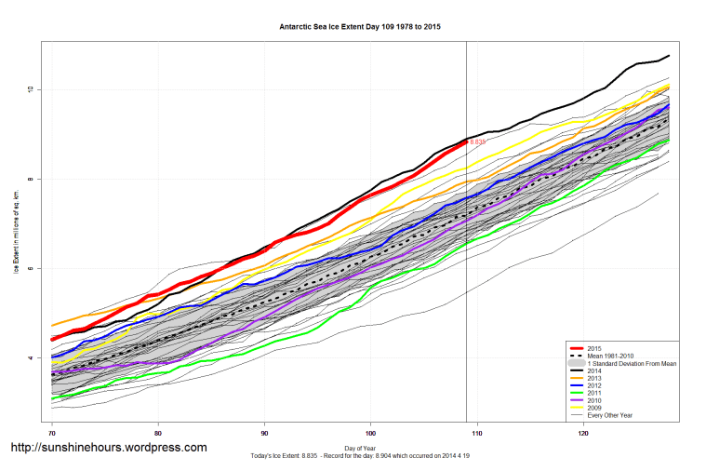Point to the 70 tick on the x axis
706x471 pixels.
52,434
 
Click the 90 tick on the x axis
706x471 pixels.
265,434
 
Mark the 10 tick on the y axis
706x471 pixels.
30,89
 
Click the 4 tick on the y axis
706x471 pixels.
30,357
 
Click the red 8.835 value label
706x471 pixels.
478,141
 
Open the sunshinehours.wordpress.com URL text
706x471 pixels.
108,448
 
